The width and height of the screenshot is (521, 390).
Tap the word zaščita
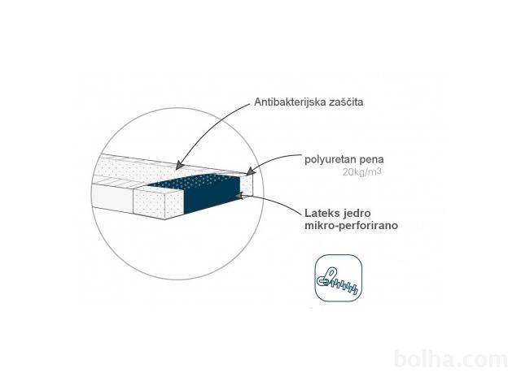346,102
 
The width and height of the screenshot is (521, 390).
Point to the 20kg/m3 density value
361,172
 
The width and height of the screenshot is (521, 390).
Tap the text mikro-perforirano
351,226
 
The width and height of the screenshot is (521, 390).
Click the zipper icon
339,278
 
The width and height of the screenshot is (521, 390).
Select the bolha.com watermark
451,359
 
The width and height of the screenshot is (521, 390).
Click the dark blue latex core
212,194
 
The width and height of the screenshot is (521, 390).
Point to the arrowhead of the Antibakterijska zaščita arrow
179,165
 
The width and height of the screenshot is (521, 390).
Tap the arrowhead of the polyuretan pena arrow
250,171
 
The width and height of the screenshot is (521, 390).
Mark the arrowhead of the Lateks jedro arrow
239,197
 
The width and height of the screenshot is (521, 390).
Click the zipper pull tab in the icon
327,276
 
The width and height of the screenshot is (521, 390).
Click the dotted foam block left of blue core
159,201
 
